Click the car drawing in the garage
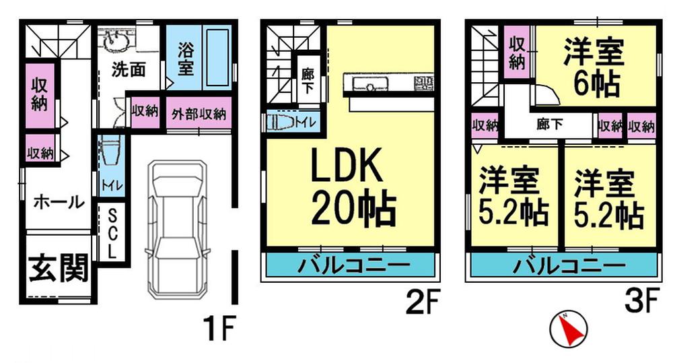coord(178,228)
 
